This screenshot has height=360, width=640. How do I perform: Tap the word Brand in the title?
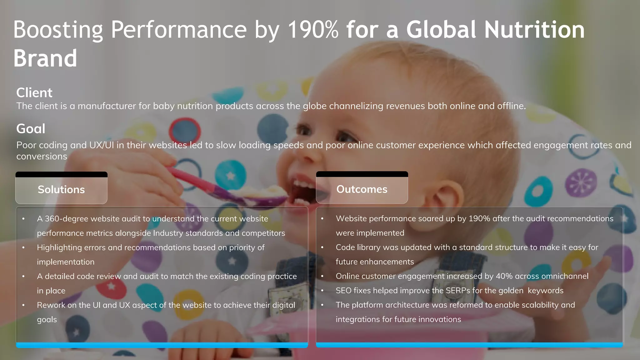45,58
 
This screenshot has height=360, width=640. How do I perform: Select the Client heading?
34,93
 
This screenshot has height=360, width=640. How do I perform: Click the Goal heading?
31,129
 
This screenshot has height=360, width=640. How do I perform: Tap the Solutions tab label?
61,190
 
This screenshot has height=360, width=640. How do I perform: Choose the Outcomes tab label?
362,189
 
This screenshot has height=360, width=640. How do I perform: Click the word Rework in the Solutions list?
51,305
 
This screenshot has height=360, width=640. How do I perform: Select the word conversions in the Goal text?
42,157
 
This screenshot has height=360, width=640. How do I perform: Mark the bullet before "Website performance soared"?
322,219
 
